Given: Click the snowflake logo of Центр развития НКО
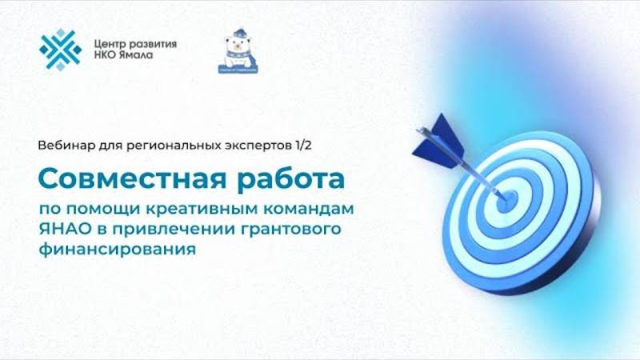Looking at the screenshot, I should click(x=61, y=50).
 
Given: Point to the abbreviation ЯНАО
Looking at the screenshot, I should click(x=62, y=230).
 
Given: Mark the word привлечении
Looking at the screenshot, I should click(x=173, y=230).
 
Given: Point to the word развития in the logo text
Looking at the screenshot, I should click(x=153, y=42).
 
